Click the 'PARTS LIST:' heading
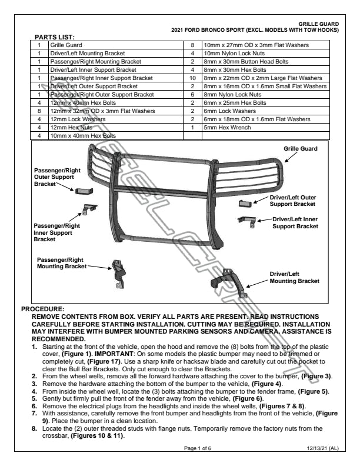point(58,37)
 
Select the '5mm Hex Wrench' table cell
point(224,127)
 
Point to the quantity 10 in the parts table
point(192,78)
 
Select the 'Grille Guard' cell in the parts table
point(65,45)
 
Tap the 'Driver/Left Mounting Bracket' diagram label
point(294,278)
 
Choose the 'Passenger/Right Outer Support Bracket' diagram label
point(53,177)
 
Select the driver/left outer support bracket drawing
point(245,203)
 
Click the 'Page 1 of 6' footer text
point(200,448)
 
